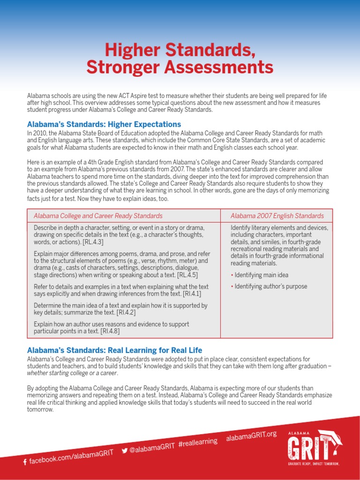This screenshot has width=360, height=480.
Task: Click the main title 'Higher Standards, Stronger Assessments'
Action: [x=180, y=58]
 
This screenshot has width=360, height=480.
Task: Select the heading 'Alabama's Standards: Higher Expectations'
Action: [x=104, y=124]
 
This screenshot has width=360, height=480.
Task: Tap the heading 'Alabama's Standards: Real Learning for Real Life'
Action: [x=114, y=350]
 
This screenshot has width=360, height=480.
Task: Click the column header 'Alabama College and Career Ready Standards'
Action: [x=98, y=216]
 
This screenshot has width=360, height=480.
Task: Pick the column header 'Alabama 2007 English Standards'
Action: [x=277, y=216]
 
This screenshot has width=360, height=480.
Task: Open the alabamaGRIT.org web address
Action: [x=251, y=435]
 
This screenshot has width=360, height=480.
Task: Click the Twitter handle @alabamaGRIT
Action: [x=152, y=448]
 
